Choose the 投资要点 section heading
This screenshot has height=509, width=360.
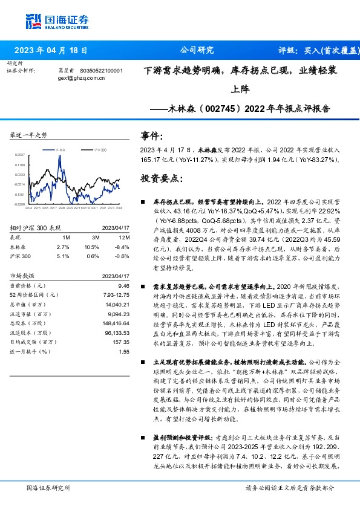coord(160,179)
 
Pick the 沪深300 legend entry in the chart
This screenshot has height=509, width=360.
coord(100,149)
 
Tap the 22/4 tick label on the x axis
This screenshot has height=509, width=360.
coord(29,207)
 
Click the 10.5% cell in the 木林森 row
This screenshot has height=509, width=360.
coord(91,247)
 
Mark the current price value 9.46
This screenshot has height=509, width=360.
coord(124,284)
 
